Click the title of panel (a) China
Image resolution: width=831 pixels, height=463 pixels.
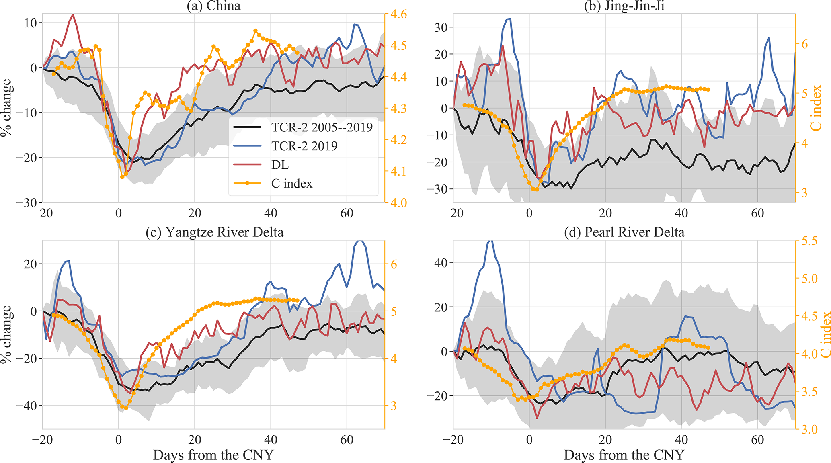(213, 6)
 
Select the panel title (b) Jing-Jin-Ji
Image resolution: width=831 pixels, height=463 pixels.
(624, 6)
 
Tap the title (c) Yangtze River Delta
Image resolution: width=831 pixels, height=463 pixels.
(214, 232)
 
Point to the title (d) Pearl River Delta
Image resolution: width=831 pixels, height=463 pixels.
(624, 232)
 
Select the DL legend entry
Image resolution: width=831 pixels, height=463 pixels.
(280, 165)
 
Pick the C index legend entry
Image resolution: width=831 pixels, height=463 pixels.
(291, 184)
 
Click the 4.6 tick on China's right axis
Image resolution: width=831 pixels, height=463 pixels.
(398, 14)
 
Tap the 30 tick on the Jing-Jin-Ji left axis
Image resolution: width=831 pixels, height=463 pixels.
(441, 27)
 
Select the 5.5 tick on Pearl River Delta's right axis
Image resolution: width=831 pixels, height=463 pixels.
(808, 241)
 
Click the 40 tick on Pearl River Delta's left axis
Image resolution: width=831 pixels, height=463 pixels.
(441, 263)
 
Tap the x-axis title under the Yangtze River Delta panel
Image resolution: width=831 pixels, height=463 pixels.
(213, 455)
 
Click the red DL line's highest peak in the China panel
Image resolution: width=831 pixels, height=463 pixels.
(73, 15)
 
